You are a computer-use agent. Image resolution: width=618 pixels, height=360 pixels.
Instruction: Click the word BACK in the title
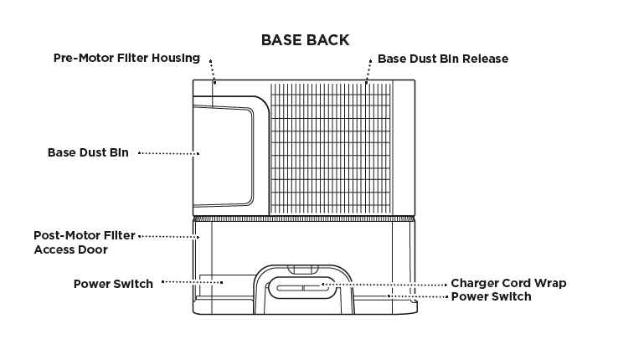(x=327, y=40)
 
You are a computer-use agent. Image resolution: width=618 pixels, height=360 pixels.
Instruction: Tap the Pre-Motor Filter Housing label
(x=126, y=59)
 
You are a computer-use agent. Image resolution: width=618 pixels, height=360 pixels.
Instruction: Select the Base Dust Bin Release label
(x=442, y=59)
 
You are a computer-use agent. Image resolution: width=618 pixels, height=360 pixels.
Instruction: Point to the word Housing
(x=178, y=59)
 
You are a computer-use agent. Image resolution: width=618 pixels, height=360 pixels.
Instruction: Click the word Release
(x=486, y=59)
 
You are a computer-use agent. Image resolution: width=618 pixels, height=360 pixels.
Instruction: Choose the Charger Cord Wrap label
(x=508, y=283)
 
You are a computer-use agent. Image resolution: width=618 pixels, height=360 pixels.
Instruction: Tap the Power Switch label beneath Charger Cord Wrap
(x=491, y=296)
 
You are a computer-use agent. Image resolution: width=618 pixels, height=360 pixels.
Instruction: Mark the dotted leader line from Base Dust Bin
(x=167, y=153)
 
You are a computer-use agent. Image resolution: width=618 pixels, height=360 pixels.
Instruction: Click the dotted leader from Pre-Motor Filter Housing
(x=213, y=70)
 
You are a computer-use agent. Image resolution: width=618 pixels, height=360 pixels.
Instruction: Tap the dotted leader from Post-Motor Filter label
(x=167, y=236)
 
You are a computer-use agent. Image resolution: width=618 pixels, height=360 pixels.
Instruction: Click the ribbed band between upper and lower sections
(x=304, y=218)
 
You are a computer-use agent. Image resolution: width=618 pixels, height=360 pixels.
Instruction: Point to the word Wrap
(x=550, y=283)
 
